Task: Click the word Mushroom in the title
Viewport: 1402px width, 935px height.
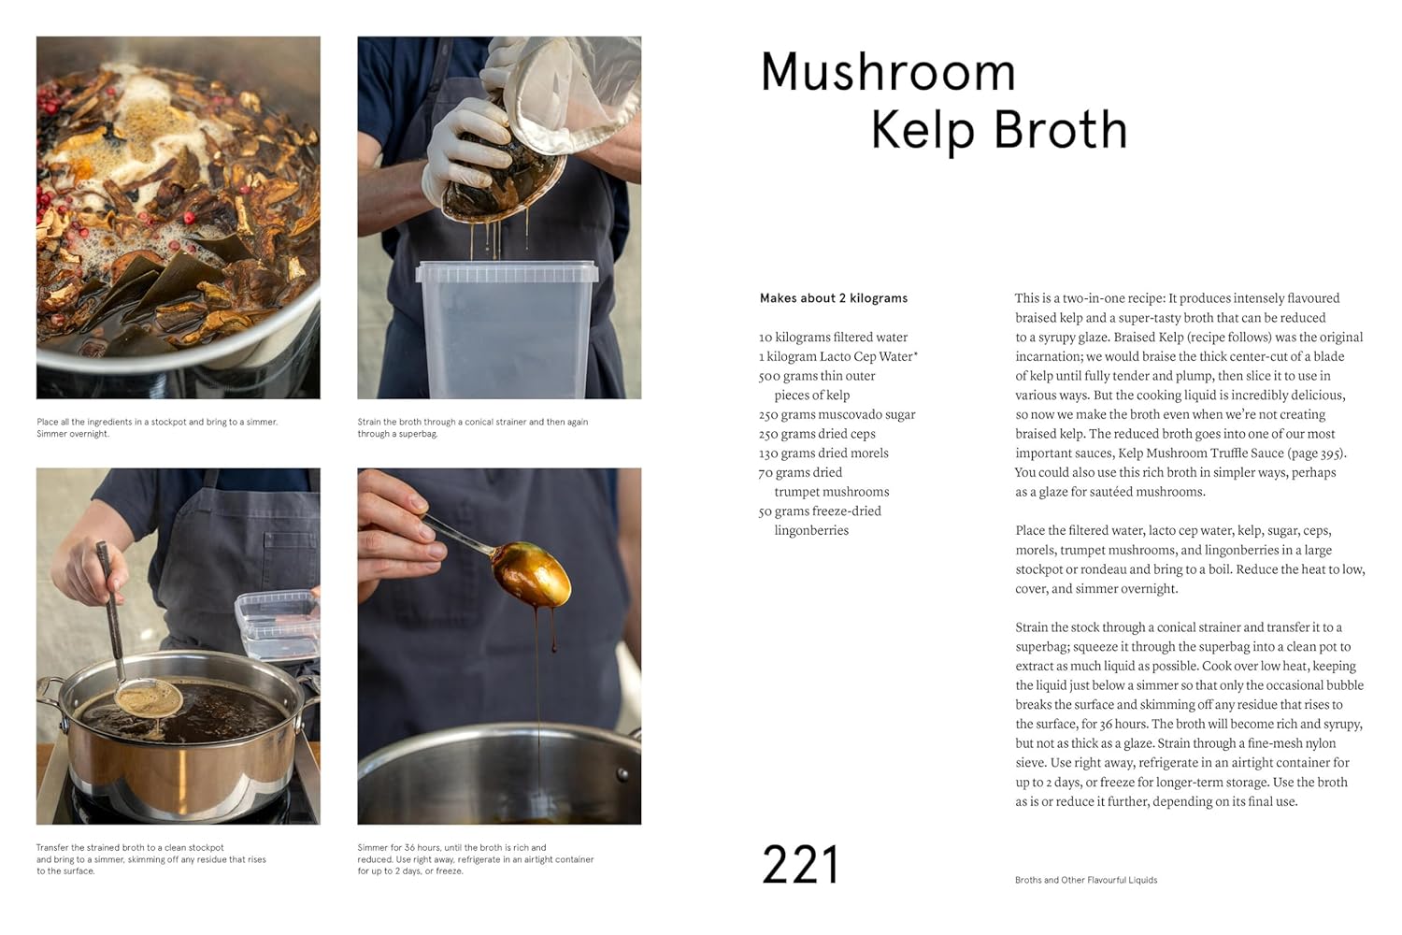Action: click(x=887, y=72)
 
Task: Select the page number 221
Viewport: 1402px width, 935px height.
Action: click(x=800, y=865)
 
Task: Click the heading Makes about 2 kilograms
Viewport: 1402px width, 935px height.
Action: click(x=833, y=298)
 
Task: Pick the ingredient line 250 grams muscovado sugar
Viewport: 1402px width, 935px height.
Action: click(x=837, y=414)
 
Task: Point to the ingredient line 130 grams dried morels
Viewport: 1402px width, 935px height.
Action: click(x=823, y=453)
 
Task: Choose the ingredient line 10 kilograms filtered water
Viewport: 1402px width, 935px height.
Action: click(x=833, y=338)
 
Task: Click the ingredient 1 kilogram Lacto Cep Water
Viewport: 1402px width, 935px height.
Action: click(x=837, y=356)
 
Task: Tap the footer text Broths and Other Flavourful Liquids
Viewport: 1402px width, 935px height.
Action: click(x=1085, y=880)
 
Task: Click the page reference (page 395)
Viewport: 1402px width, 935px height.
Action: click(x=1318, y=453)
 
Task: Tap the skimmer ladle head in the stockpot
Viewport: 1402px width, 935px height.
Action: click(x=148, y=697)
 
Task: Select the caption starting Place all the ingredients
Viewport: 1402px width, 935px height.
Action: click(x=157, y=427)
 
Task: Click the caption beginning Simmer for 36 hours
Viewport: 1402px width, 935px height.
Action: click(x=475, y=859)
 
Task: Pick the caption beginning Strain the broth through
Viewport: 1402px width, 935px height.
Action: click(x=472, y=427)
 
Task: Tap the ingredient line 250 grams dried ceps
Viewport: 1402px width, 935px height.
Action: click(x=817, y=434)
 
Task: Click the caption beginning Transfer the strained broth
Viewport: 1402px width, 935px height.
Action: click(x=150, y=859)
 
